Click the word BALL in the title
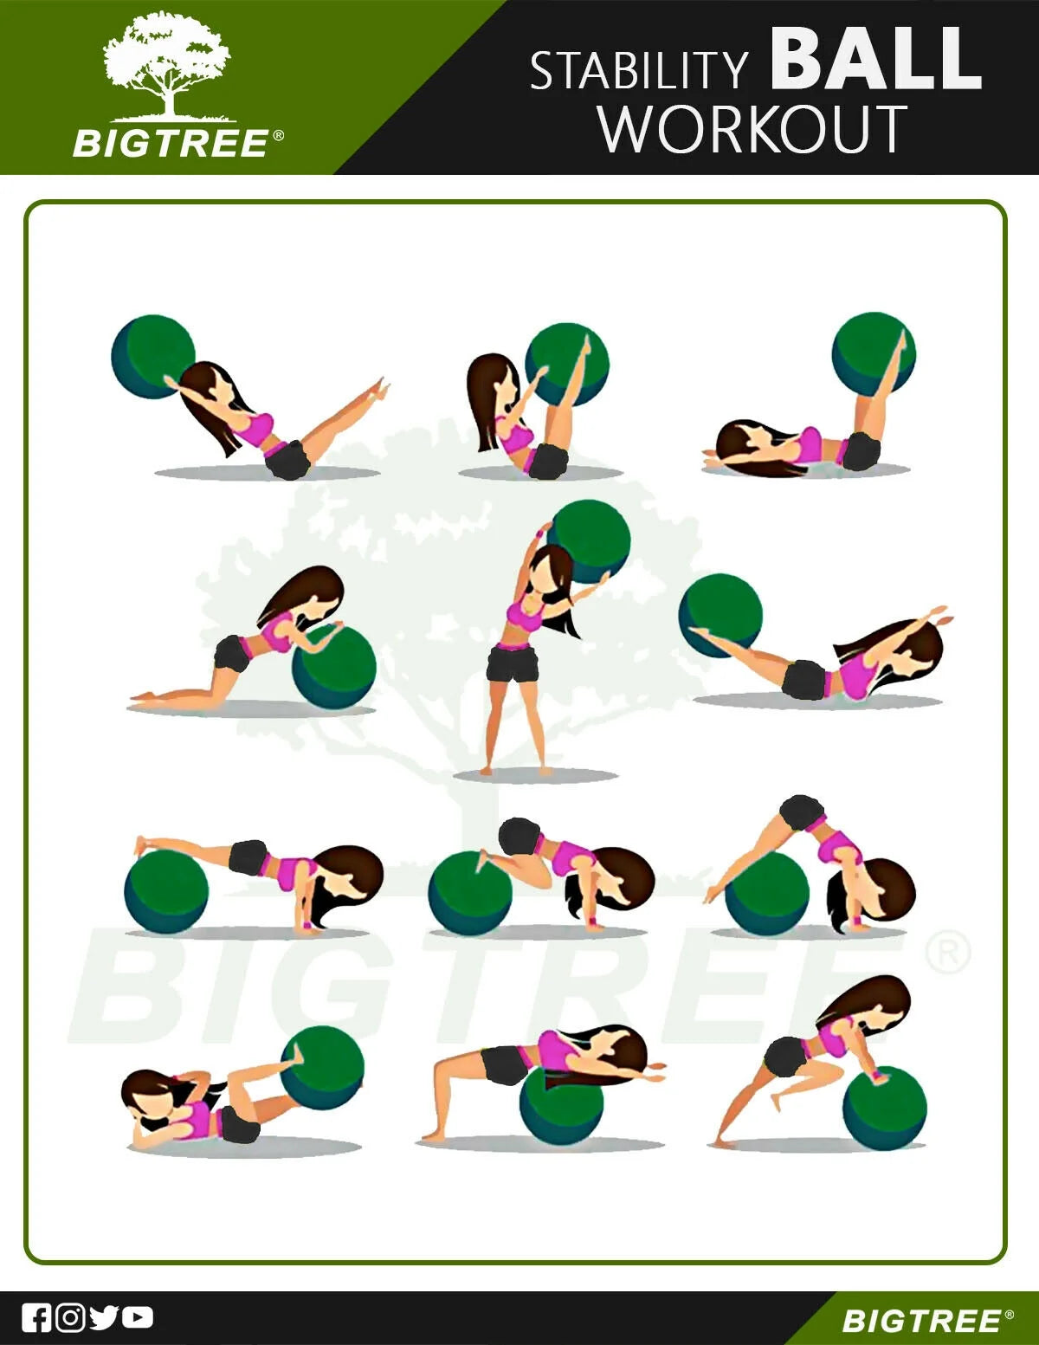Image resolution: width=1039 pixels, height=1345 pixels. pyautogui.click(x=875, y=59)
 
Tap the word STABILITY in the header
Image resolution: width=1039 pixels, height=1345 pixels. pyautogui.click(x=639, y=70)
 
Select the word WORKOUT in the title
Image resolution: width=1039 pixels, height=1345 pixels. pyautogui.click(x=753, y=129)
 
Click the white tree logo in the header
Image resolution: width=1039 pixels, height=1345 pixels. pyautogui.click(x=166, y=68)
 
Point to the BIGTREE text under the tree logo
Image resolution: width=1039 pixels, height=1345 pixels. pyautogui.click(x=171, y=144)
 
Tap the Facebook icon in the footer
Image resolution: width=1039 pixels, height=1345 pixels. pyautogui.click(x=35, y=1317)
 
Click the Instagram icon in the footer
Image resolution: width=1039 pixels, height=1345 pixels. pyautogui.click(x=70, y=1317)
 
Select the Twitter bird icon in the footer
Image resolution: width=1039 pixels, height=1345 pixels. pyautogui.click(x=104, y=1317)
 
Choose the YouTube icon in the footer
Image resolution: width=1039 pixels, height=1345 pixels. pyautogui.click(x=138, y=1317)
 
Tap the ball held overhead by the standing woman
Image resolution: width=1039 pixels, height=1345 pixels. pyautogui.click(x=590, y=541)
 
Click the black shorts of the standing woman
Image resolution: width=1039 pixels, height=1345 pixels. pyautogui.click(x=512, y=663)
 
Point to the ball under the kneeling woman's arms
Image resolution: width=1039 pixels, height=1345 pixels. pyautogui.click(x=334, y=667)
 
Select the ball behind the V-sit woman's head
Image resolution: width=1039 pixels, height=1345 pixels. pyautogui.click(x=153, y=357)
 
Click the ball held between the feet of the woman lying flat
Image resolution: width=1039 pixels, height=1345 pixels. pyautogui.click(x=874, y=354)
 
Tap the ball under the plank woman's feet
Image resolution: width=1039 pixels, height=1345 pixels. pyautogui.click(x=166, y=891)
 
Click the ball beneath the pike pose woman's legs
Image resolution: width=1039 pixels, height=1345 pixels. pyautogui.click(x=767, y=893)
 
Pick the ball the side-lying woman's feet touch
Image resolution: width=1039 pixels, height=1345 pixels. pyautogui.click(x=322, y=1068)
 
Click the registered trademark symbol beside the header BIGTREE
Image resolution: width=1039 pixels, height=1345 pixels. pyautogui.click(x=279, y=136)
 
